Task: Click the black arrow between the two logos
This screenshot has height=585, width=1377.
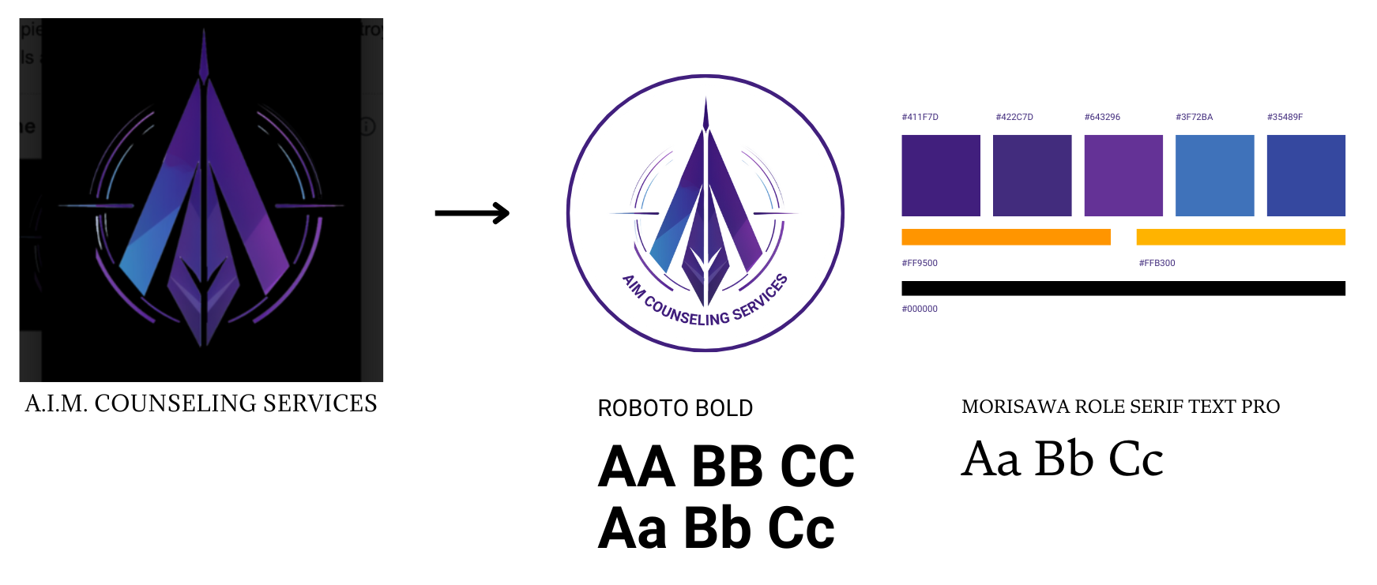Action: (472, 213)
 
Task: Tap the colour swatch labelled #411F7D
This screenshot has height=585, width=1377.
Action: (940, 175)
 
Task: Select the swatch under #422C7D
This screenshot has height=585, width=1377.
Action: (1032, 175)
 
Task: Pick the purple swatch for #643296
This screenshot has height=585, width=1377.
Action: (1123, 175)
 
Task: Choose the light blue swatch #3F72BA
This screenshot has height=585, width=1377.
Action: (1214, 175)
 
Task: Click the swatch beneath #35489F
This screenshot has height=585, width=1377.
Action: (1305, 175)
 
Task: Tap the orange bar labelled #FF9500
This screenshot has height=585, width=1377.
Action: (1005, 237)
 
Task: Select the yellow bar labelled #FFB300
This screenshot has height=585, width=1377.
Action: (1240, 237)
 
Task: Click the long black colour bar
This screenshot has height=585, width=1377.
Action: (1123, 288)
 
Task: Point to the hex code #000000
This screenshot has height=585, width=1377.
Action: (920, 309)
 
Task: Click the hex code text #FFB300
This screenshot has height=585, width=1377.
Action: (1157, 263)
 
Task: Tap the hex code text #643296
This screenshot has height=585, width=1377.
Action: (1102, 117)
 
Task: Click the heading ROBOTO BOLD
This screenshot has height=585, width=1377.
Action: (675, 408)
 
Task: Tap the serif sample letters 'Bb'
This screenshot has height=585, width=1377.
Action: (1063, 459)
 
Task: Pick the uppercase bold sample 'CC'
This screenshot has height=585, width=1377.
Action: (817, 467)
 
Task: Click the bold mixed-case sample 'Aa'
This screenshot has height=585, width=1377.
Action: (632, 528)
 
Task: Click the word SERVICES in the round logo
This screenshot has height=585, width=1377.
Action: (760, 297)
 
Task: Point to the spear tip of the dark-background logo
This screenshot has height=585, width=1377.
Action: (204, 39)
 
